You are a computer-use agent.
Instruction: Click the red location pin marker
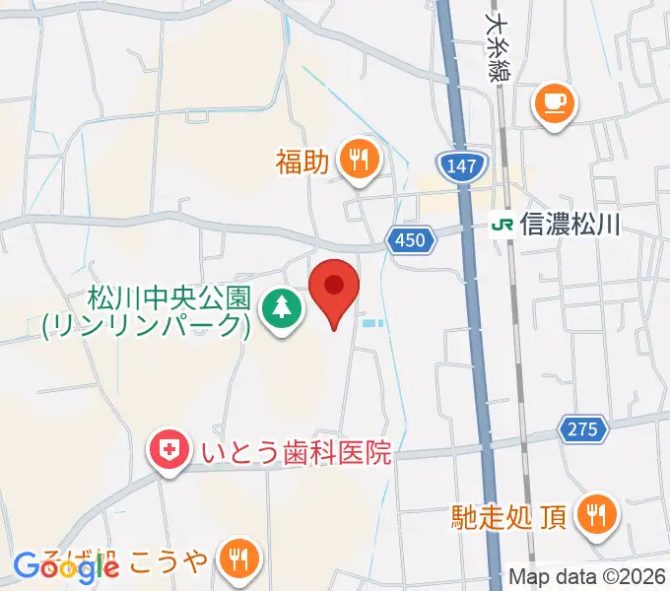click(x=334, y=288)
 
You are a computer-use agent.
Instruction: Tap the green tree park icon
click(x=282, y=309)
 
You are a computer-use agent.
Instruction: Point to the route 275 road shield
click(x=581, y=428)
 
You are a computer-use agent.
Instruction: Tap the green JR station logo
click(x=502, y=225)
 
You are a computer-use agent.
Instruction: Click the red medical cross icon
click(x=170, y=451)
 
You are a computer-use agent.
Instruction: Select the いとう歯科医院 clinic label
click(x=296, y=452)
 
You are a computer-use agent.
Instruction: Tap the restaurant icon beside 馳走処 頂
click(x=596, y=512)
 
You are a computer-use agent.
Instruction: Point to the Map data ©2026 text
click(x=587, y=577)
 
